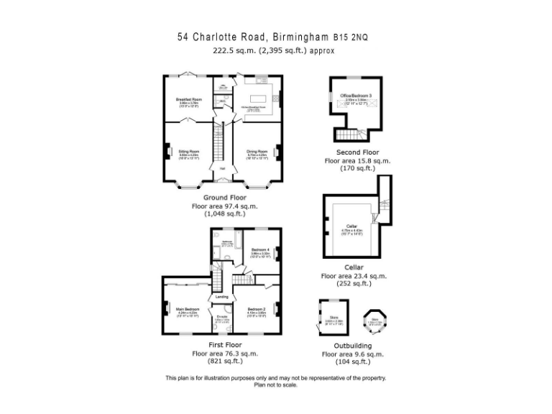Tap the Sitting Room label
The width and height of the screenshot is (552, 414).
[x=188, y=152]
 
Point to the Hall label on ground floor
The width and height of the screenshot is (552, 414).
[x=223, y=170]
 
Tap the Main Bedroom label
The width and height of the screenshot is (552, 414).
[x=188, y=310]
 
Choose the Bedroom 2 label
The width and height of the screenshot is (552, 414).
[x=257, y=310]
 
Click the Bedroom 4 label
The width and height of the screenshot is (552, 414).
[x=260, y=249]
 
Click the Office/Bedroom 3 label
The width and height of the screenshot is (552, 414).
[x=356, y=96]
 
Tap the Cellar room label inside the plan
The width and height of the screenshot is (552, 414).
[x=351, y=226]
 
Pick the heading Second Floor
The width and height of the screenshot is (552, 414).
[x=357, y=152]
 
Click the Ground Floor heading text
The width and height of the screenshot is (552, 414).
[x=224, y=198]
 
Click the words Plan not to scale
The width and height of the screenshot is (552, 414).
[x=276, y=385]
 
